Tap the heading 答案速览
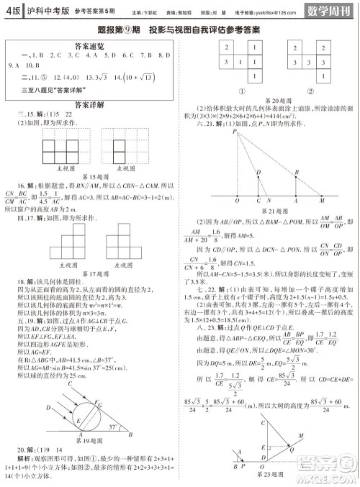pyautogui.click(x=93, y=44)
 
